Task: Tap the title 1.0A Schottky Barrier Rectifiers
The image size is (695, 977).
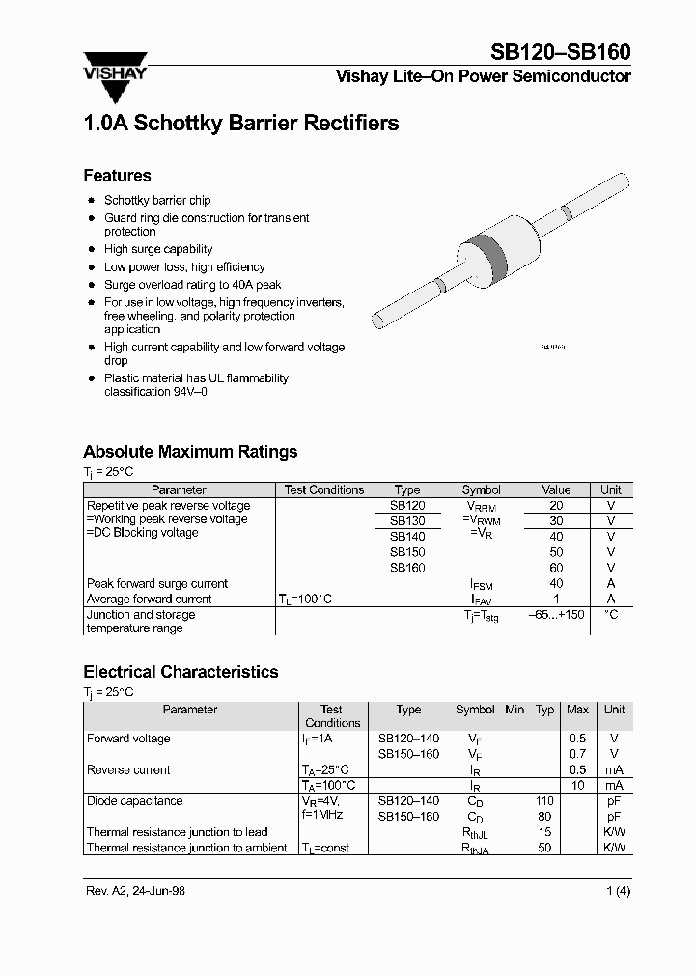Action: coord(240,124)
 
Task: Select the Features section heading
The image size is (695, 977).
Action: coord(117,176)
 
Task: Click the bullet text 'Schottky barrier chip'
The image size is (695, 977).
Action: coord(157,201)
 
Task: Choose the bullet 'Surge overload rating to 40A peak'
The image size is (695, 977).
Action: coord(192,285)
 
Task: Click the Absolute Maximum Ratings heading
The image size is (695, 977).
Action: coord(190,452)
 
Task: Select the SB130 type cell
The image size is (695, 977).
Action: coord(406,521)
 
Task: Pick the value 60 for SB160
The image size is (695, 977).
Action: coord(556,568)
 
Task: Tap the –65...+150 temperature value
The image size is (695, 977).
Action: coord(557,615)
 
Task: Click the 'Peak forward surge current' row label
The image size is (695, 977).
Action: coord(157,584)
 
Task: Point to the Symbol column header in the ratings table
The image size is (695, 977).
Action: coord(481,490)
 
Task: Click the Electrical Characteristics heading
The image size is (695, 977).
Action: coord(181,672)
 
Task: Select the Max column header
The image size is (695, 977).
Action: coord(577,710)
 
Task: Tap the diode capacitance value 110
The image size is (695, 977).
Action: coord(544,801)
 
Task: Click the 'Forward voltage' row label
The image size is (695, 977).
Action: coord(128,739)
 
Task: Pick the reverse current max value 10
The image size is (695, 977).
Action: coord(577,786)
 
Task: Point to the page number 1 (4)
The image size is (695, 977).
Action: coord(618,891)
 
